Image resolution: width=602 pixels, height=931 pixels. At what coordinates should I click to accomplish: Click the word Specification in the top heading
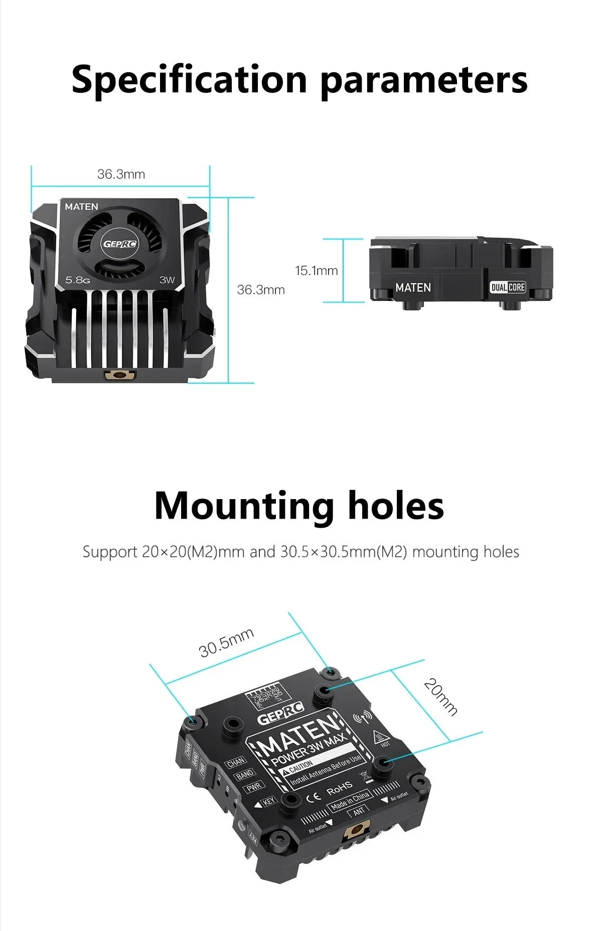tap(189, 80)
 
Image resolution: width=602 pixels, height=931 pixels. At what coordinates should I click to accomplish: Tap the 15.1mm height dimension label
tap(316, 271)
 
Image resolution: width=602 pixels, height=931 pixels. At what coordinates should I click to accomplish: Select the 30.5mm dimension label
tap(226, 643)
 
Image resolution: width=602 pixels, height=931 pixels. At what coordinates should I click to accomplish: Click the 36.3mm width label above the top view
tap(121, 174)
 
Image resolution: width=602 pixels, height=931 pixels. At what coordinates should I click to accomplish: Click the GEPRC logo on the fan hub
tap(119, 244)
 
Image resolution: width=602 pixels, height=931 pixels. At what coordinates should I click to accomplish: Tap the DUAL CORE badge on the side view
tap(508, 287)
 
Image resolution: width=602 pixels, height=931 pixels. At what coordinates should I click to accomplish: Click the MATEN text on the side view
tap(413, 287)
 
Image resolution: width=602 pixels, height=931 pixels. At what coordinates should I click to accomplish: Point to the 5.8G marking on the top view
tap(78, 280)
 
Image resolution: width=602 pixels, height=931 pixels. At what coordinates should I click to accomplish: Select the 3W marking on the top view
tap(167, 280)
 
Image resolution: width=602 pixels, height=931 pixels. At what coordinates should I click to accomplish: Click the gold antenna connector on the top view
tap(119, 375)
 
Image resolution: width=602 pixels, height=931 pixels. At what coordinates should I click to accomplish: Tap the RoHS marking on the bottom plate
tap(340, 791)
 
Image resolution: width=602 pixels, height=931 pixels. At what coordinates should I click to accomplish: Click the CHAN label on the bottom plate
tap(236, 763)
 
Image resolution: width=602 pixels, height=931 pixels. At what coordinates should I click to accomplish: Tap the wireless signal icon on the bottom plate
tap(362, 718)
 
